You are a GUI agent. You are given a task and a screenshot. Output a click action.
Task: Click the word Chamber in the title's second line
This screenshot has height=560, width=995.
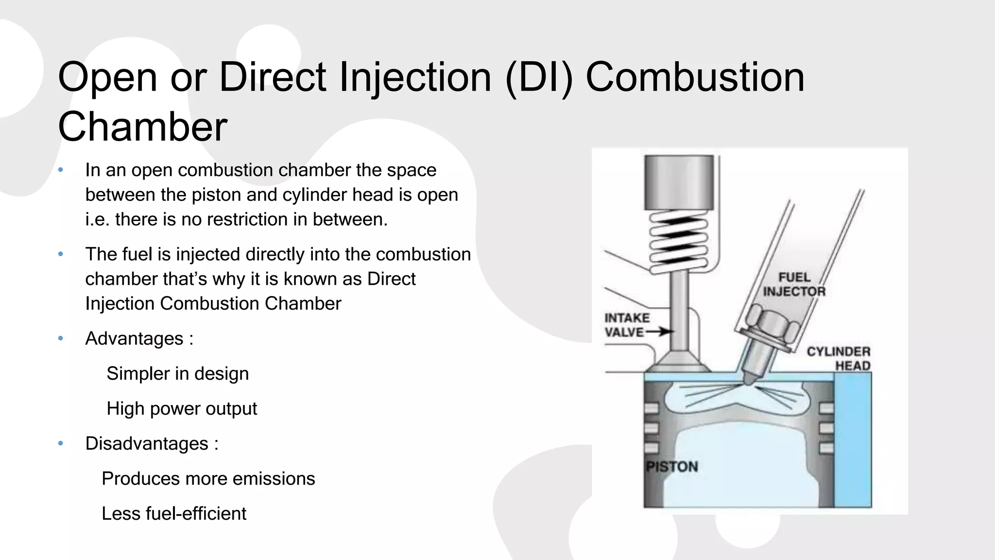(x=142, y=127)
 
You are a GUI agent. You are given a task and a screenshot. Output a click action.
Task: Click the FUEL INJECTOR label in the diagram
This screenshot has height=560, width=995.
(x=794, y=284)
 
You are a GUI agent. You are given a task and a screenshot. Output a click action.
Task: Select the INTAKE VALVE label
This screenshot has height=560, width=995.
(x=627, y=325)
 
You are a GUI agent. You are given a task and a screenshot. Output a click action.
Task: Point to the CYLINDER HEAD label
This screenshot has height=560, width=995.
(x=839, y=358)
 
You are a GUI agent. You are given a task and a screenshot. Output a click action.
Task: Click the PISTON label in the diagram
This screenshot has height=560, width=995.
(x=672, y=467)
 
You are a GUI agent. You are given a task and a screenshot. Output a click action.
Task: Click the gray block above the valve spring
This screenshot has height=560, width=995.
(x=679, y=182)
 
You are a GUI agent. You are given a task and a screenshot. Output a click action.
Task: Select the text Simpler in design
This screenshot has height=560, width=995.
(x=177, y=374)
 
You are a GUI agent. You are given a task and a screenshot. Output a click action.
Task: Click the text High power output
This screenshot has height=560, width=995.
(x=181, y=409)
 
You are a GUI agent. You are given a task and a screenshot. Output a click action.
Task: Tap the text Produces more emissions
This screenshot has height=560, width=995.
(x=208, y=479)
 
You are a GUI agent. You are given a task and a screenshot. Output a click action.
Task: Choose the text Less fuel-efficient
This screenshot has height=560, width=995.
(x=173, y=514)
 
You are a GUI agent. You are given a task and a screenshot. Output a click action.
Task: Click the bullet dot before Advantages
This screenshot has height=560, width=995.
(x=61, y=338)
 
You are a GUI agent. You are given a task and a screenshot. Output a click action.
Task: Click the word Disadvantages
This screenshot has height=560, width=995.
(x=147, y=444)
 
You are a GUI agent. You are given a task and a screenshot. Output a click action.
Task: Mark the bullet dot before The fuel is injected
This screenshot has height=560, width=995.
(x=61, y=254)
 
